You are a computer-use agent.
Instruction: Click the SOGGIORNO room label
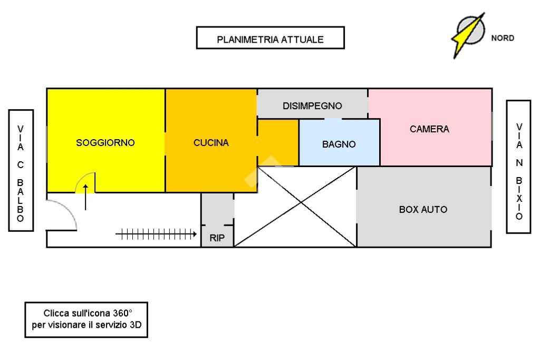point(105,142)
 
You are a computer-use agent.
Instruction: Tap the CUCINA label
point(211,142)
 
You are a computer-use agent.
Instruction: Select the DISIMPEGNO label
point(312,105)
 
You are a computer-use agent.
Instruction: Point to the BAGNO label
point(339,144)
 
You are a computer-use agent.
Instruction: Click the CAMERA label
point(429,129)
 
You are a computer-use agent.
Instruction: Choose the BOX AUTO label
point(423,209)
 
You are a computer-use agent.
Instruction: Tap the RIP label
point(217,238)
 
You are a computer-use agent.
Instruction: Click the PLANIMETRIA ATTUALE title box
point(270,39)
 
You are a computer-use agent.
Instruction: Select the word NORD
point(503,38)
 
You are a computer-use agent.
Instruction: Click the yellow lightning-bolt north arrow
point(467,34)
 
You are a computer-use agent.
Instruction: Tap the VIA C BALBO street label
point(21,171)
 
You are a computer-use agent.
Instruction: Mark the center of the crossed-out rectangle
point(295,207)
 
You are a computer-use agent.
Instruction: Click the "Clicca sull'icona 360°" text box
point(86,320)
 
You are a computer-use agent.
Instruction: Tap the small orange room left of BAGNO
point(278,142)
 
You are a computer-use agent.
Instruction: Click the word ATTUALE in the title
point(302,39)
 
